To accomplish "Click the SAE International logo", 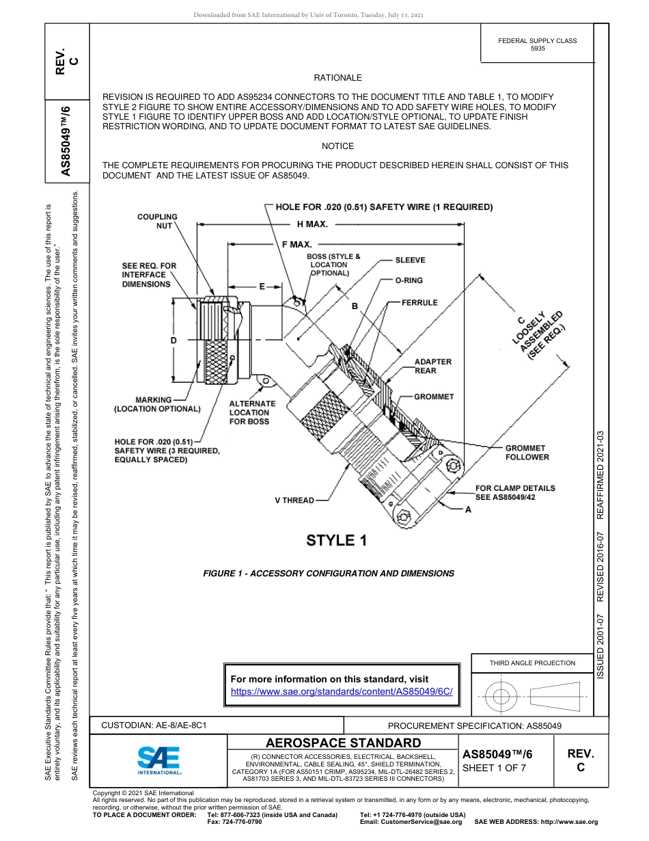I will click(158, 760).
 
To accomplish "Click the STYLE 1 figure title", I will click(337, 540).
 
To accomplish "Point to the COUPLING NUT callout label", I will click(157, 221).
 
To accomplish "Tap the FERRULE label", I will click(419, 302).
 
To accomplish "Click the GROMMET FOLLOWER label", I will click(527, 453).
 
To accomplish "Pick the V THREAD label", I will click(294, 500).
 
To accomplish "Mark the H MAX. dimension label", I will click(312, 224).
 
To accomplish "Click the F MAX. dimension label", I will click(296, 244).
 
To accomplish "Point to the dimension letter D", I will click(174, 340).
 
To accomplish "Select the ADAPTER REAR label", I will click(433, 366).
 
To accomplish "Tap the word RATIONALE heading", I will click(337, 78).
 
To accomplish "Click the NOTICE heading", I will click(337, 146).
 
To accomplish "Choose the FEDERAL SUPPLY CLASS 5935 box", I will click(537, 44).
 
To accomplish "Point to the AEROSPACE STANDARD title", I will click(343, 743).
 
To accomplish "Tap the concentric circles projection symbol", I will click(501, 697).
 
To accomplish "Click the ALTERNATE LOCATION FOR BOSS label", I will click(251, 412).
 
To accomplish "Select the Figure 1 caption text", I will click(329, 574).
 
